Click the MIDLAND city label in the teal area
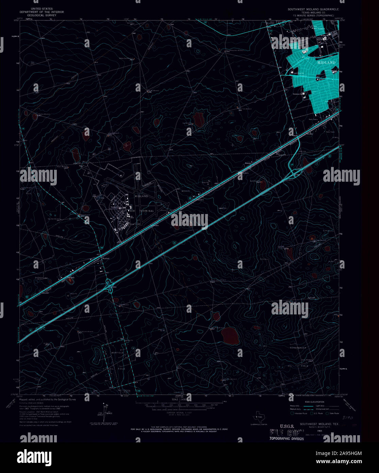click(x=326, y=63)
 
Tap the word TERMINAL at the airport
click(x=146, y=211)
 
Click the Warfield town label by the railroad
click(x=106, y=259)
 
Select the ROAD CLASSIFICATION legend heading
click(x=314, y=402)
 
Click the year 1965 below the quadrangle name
click(x=319, y=431)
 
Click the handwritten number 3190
click(x=348, y=417)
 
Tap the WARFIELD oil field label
click(x=118, y=353)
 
